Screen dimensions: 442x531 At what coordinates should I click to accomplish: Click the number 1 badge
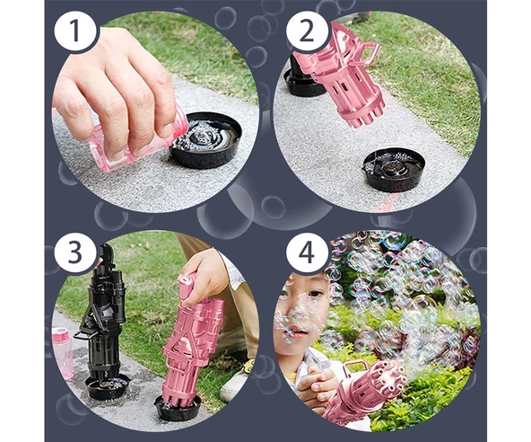coord(74,34)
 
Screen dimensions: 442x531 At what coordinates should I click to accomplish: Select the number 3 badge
coord(74,252)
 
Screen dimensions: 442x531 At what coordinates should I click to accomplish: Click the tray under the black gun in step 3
coord(108,386)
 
